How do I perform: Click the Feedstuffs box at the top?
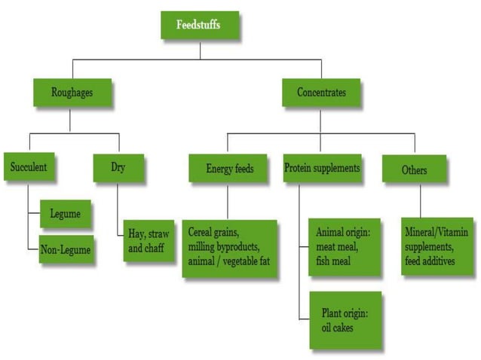point(199,26)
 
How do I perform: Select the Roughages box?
point(72,93)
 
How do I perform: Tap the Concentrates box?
point(321,93)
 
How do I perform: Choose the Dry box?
point(118,168)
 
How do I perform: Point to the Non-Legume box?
point(67,250)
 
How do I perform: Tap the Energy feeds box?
point(230,169)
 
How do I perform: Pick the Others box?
point(414,170)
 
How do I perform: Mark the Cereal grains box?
point(230,249)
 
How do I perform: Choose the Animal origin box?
point(345,249)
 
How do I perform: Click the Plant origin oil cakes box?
point(345,320)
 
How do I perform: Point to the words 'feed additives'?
point(437,261)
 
